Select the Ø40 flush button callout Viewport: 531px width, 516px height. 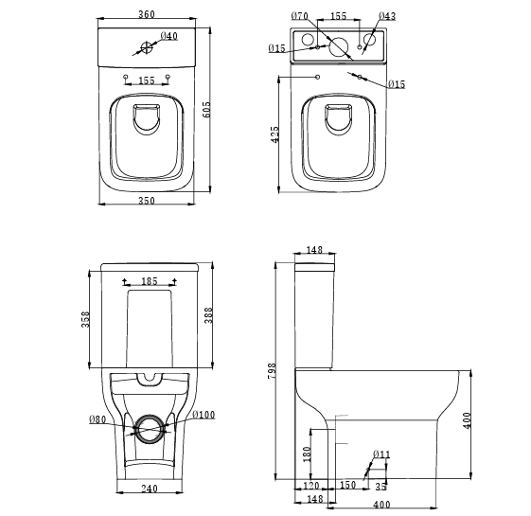[169, 36]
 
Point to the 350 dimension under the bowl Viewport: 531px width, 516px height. [146, 201]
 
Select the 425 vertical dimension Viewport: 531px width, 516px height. [274, 134]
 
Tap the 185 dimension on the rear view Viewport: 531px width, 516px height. [150, 281]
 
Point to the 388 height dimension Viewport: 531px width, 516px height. [208, 314]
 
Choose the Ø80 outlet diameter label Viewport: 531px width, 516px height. [97, 418]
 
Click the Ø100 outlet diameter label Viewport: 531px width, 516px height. [204, 415]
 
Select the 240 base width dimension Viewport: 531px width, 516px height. [149, 490]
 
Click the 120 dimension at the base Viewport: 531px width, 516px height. [310, 487]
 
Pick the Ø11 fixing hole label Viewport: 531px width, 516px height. [381, 456]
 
